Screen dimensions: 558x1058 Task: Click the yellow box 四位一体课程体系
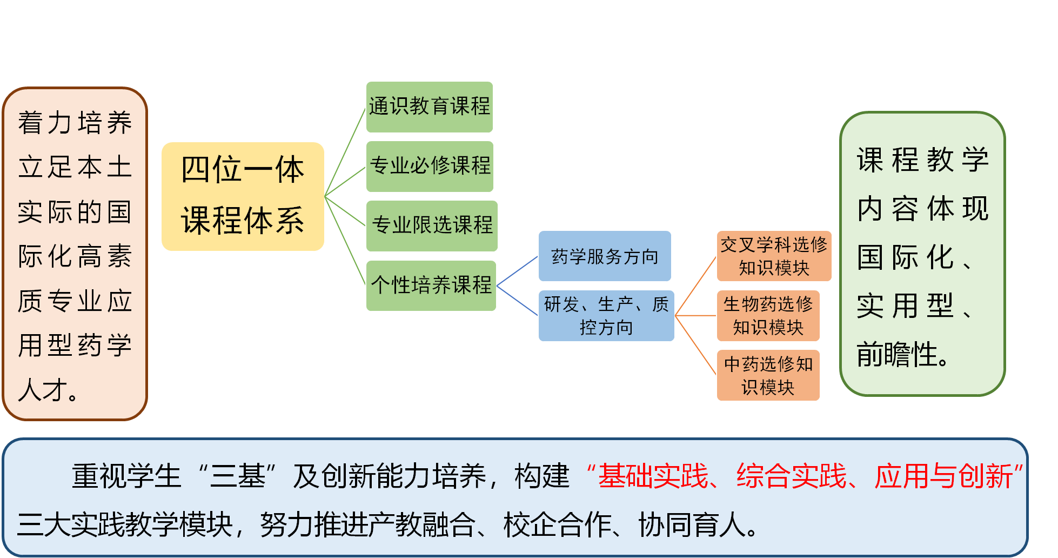tap(243, 196)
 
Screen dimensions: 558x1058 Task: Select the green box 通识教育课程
tap(430, 107)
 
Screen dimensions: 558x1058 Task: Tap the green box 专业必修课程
tap(430, 166)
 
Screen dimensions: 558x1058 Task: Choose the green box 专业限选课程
tap(432, 225)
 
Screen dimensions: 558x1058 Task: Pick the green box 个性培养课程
tap(431, 285)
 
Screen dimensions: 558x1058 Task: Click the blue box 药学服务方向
tap(605, 256)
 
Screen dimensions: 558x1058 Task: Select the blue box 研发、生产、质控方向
tap(606, 316)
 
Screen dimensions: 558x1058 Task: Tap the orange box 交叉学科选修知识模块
tap(774, 256)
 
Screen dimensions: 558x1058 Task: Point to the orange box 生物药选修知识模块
tap(768, 316)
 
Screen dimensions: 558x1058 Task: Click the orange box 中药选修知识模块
tap(768, 375)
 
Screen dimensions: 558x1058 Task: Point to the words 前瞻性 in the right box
tap(897, 355)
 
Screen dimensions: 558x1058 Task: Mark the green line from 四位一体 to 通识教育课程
tap(345, 152)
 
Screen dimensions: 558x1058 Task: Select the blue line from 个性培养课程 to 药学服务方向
tap(517, 271)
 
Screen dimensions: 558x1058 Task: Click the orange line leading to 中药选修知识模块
tap(696, 345)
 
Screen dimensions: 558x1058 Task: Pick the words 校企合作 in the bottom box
tap(557, 524)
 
